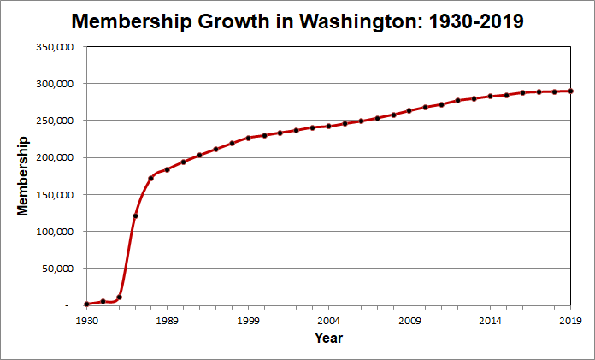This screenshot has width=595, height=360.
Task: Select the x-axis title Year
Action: (328, 339)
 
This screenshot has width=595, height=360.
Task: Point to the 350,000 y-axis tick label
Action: (55, 47)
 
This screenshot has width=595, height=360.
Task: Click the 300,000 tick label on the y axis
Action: (55, 84)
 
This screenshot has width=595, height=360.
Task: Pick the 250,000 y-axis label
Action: (55, 121)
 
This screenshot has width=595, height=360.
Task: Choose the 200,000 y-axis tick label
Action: (55, 157)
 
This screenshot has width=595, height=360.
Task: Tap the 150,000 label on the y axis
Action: (55, 194)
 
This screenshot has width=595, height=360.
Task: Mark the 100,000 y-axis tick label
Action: (55, 231)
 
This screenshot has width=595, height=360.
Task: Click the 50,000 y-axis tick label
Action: (57, 268)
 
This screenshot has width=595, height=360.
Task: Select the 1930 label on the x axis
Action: (86, 320)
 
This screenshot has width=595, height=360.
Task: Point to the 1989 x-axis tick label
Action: (167, 320)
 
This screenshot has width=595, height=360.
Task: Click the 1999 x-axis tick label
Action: (248, 320)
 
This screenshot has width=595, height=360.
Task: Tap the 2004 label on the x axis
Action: (328, 320)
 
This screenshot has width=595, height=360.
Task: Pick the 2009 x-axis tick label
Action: (409, 320)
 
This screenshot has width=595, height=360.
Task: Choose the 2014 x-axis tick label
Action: (490, 320)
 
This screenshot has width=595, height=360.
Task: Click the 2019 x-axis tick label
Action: (570, 320)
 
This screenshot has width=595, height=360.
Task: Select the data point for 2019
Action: (570, 91)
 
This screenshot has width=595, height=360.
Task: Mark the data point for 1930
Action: (86, 304)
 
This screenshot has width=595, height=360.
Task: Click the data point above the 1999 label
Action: (248, 138)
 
